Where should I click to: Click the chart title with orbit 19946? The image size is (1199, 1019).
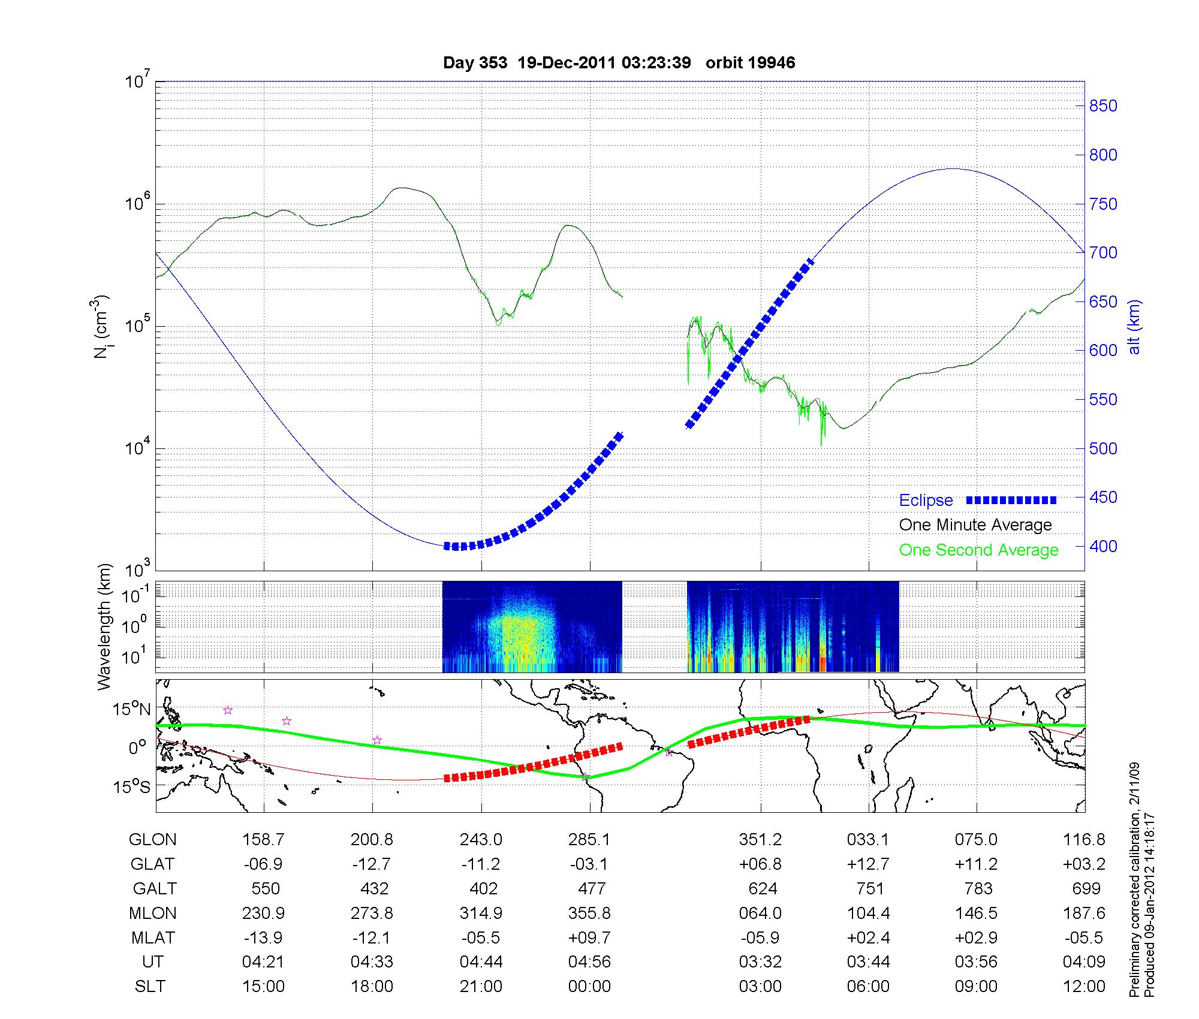click(x=619, y=62)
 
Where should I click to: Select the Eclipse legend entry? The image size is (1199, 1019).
click(x=926, y=500)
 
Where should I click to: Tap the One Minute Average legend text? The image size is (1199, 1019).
click(x=975, y=525)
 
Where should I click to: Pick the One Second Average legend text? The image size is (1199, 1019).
click(x=978, y=550)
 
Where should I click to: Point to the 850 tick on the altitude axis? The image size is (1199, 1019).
click(x=1102, y=106)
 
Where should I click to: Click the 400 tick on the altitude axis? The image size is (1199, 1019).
click(x=1102, y=546)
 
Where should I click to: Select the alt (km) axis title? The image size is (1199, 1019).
click(x=1134, y=327)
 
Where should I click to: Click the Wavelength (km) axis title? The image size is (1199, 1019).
click(x=105, y=626)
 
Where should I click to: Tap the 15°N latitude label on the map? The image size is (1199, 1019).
click(x=132, y=710)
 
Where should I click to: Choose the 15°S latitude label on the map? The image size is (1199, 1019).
click(x=132, y=786)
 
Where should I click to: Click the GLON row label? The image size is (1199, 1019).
click(x=152, y=840)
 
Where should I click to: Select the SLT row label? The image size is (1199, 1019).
click(x=149, y=987)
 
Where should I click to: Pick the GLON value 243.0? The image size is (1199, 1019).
click(x=481, y=840)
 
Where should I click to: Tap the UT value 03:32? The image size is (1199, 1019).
click(x=760, y=962)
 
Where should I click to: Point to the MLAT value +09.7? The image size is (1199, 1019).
click(x=589, y=937)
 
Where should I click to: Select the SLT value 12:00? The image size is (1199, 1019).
click(x=1084, y=987)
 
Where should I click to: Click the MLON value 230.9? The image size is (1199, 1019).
click(x=263, y=914)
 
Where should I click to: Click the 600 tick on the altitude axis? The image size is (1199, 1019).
click(x=1102, y=351)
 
